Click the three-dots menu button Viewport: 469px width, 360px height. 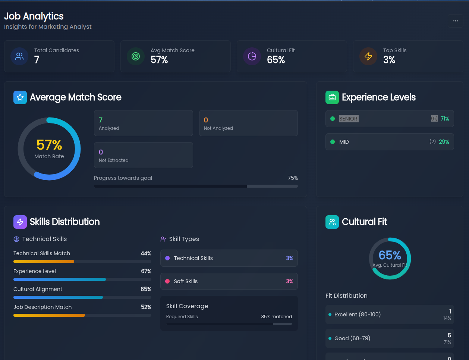tap(455, 21)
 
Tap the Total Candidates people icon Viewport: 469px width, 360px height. tap(19, 56)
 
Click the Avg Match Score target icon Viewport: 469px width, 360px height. tap(136, 56)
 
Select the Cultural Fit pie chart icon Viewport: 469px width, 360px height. tap(252, 56)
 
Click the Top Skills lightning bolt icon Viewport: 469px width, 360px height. tap(368, 56)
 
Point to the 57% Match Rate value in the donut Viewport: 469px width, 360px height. tap(49, 145)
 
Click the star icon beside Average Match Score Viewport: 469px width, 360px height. tap(20, 97)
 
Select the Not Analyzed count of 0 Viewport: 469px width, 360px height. tap(206, 120)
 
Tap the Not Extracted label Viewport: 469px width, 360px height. tap(113, 160)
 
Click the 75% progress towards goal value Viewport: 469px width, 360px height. tap(293, 178)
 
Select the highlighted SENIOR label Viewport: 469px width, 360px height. tap(348, 119)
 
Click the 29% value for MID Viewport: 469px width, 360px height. tap(444, 142)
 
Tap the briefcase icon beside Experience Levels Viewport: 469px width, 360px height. tap(332, 97)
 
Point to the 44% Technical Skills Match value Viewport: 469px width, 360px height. tap(146, 253)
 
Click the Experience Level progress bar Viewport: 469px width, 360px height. tap(82, 279)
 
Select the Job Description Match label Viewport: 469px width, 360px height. tap(43, 307)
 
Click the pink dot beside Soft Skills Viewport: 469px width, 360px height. tap(167, 281)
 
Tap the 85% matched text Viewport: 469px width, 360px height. tap(276, 317)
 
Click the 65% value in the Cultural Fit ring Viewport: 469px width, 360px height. tap(390, 255)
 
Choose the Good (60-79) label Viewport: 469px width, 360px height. tap(352, 338)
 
